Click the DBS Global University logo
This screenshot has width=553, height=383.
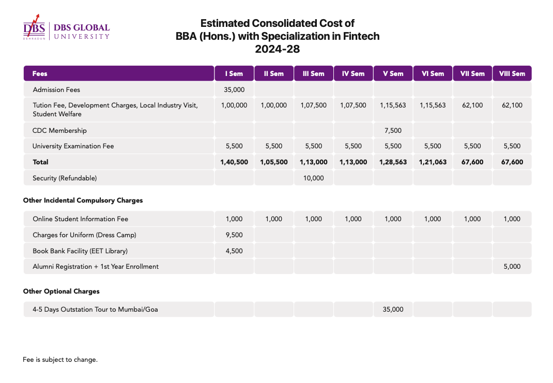point(66,27)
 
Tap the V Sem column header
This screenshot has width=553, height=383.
point(393,74)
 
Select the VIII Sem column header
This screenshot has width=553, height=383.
point(512,74)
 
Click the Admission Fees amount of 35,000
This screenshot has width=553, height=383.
point(234,89)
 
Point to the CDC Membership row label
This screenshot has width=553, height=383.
point(59,130)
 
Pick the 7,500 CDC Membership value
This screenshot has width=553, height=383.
point(393,130)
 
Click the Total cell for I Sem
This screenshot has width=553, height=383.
point(234,162)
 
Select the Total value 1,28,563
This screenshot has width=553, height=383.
point(393,162)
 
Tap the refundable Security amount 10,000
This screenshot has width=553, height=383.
point(314,178)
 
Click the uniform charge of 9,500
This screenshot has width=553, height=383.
point(234,235)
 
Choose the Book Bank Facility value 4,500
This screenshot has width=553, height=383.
point(234,251)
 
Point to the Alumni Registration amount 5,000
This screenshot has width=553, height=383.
point(512,267)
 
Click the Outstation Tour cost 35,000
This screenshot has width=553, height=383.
point(393,309)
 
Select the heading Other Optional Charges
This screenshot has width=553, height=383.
point(62,292)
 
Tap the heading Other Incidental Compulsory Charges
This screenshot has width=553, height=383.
point(83,201)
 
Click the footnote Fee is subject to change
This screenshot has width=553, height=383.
point(60,360)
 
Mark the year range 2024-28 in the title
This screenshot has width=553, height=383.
point(278,49)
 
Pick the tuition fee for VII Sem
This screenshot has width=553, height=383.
point(472,105)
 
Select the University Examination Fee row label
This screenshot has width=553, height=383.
point(73,146)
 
